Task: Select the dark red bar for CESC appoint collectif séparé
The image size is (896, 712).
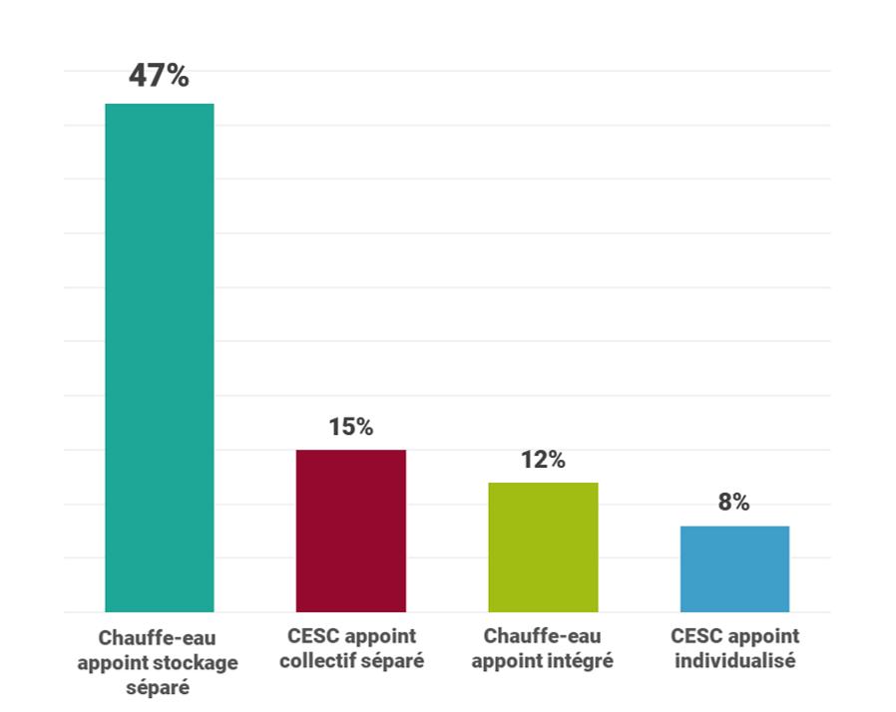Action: tap(351, 531)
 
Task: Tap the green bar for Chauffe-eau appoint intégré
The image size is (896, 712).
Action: tap(543, 546)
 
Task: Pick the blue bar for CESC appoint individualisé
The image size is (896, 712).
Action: tap(734, 568)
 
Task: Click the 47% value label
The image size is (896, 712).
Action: tap(159, 77)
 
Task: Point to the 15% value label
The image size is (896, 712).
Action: tap(351, 427)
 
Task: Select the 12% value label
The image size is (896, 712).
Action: tap(543, 460)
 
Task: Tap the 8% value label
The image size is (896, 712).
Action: tap(733, 503)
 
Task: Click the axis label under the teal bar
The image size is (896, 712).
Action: tap(158, 661)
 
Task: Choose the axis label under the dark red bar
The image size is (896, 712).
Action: tap(351, 648)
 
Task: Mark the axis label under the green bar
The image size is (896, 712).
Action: tap(543, 648)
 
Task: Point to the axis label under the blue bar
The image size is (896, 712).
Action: tap(735, 648)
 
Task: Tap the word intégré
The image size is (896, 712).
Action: tap(581, 660)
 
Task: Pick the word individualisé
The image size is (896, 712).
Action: tap(735, 660)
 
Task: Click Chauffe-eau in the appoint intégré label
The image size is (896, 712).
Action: tap(543, 636)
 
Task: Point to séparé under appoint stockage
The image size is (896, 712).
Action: tap(158, 687)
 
